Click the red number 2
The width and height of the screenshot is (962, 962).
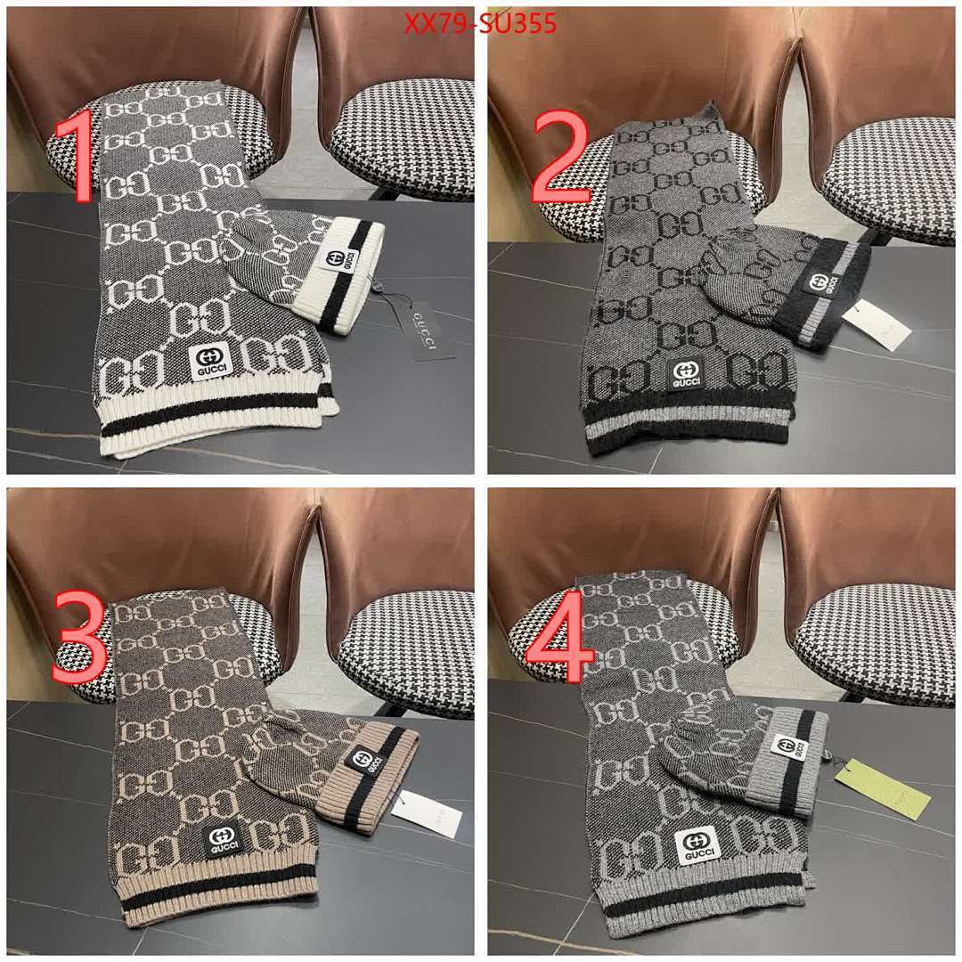pyautogui.click(x=560, y=159)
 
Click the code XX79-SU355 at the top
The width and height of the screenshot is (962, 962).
pyautogui.click(x=480, y=25)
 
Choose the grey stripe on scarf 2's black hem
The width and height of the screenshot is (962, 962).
pyautogui.click(x=686, y=426)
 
